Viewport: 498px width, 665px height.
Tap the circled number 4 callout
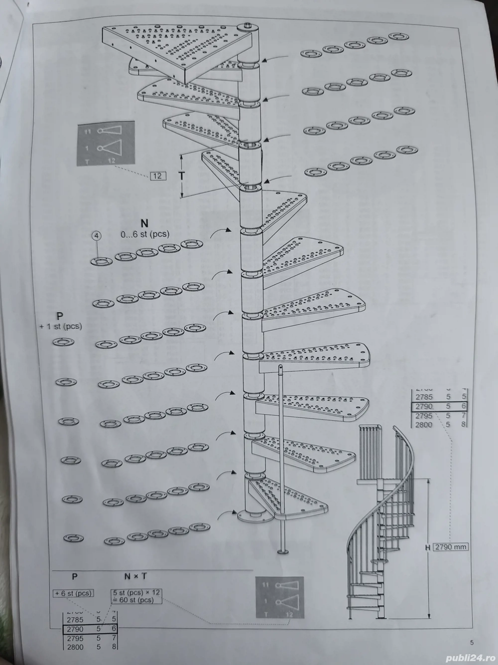(x=97, y=235)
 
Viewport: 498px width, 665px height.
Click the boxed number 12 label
(x=157, y=175)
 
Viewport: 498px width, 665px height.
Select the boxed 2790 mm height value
(x=451, y=547)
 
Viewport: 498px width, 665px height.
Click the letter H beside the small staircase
(x=428, y=547)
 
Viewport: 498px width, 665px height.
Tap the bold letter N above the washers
(x=144, y=223)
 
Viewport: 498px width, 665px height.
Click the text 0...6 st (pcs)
(x=144, y=233)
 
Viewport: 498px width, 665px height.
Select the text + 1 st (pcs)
(x=60, y=326)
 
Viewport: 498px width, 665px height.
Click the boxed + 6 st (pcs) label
(x=74, y=593)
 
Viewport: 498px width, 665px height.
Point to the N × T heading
(x=135, y=576)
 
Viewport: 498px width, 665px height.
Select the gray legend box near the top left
(x=106, y=143)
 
